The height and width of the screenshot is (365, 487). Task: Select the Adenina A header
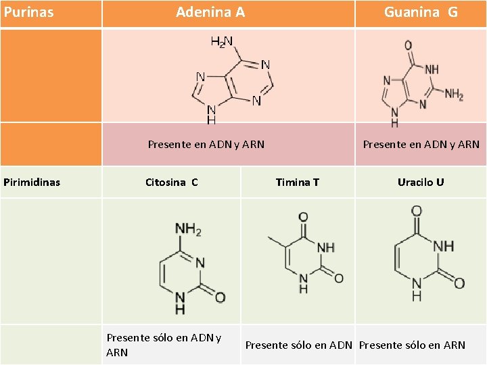[210, 12]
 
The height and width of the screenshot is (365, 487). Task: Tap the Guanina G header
[421, 12]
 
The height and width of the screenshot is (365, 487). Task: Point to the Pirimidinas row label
[32, 182]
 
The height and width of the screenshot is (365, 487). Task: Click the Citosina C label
[172, 182]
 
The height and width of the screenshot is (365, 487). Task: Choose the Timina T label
[298, 182]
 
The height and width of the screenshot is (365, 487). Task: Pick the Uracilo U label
[421, 182]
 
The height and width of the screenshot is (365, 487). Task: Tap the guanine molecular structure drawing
[419, 84]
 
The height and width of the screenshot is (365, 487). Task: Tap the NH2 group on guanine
[454, 95]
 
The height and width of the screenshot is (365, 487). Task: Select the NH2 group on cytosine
[189, 230]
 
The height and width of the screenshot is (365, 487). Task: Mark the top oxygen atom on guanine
[409, 45]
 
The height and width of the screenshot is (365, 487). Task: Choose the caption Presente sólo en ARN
[412, 345]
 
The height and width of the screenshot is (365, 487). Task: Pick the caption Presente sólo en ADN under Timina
[298, 345]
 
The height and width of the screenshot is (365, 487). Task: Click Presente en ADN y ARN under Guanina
[421, 144]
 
